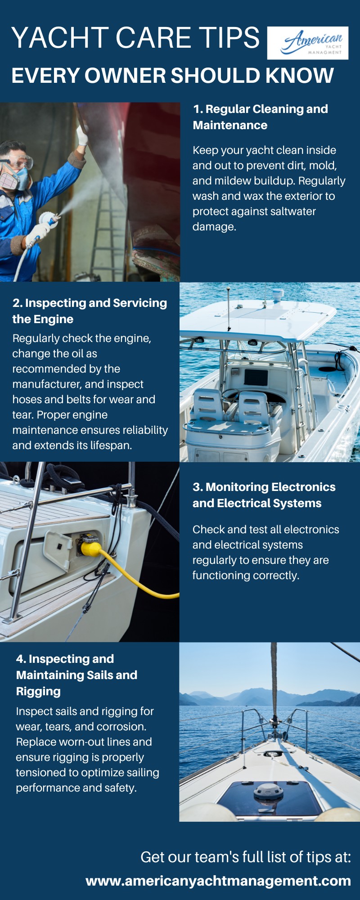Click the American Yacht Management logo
308,43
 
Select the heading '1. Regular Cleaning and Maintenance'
261,117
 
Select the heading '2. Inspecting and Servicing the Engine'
90,311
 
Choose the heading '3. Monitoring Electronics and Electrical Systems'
264,495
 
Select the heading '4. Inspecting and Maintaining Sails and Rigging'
77,675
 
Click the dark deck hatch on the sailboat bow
269,800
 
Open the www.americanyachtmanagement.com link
218,881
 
